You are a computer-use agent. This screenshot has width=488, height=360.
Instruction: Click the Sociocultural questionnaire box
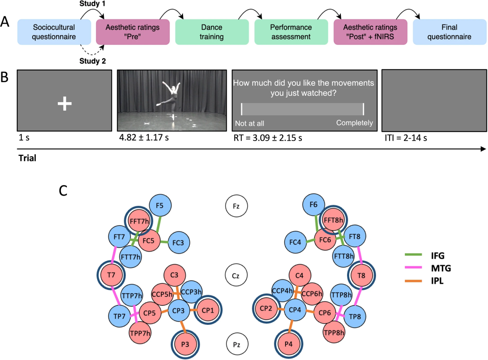54,32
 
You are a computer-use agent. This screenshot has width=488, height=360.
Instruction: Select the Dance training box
212,32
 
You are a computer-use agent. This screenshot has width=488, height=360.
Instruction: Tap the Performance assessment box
291,32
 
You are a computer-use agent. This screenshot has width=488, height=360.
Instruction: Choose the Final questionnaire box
450,32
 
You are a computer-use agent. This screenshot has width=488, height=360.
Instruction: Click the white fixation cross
65,103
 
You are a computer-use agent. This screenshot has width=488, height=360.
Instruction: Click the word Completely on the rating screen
355,123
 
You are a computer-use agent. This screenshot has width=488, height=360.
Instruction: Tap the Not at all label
249,123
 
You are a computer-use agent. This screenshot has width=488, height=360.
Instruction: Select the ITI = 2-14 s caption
406,138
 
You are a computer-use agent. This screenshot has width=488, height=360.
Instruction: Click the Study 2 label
93,61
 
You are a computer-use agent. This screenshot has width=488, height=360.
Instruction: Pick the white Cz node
236,276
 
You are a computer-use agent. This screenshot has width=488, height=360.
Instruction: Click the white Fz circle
236,206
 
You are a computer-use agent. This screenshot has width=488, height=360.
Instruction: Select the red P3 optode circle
185,345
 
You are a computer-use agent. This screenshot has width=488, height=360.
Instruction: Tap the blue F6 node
314,205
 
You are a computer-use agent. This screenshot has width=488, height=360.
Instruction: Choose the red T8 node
361,276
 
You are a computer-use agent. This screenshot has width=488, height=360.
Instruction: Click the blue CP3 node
178,310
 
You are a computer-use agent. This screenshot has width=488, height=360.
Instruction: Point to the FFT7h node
139,221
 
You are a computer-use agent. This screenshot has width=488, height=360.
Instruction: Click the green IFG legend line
413,255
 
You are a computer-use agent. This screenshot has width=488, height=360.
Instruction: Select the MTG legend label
441,268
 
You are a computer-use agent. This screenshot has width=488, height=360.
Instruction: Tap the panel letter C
63,191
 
